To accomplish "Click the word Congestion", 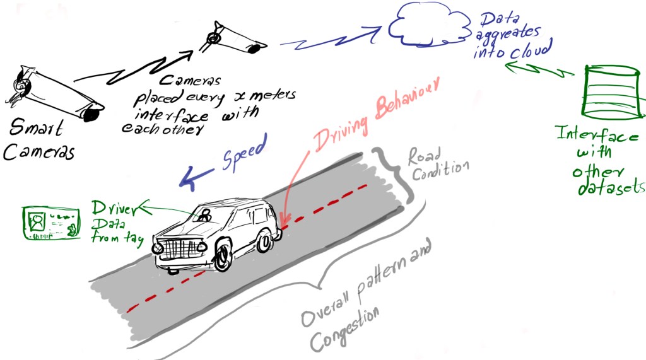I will click(x=344, y=327).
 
